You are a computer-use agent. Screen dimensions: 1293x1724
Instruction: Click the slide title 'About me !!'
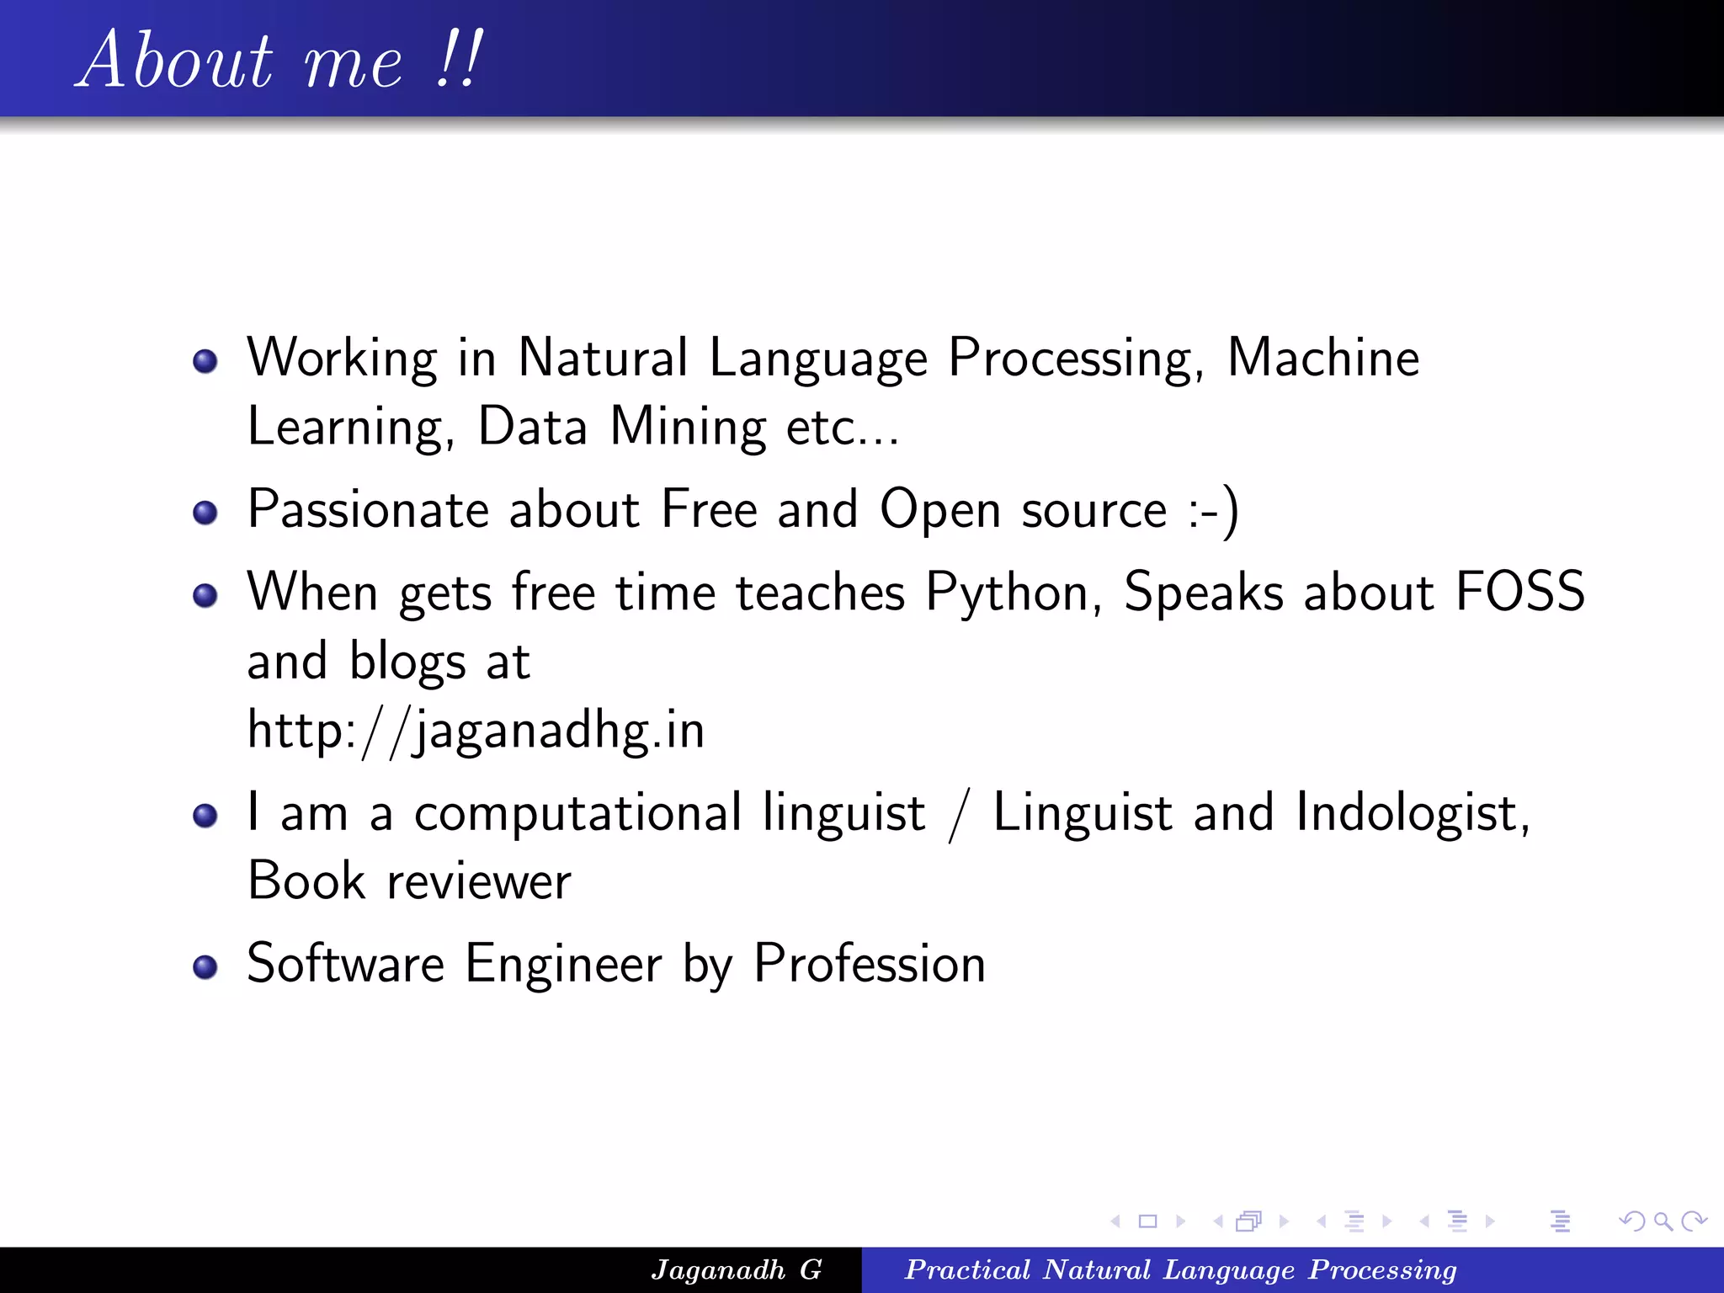[x=281, y=61]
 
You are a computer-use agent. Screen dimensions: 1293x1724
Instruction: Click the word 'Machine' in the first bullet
[x=1322, y=358]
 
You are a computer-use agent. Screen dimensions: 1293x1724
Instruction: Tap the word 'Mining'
[x=688, y=427]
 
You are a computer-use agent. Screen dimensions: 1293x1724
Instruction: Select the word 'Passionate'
[x=368, y=510]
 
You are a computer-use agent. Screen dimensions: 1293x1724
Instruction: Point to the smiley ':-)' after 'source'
[x=1213, y=510]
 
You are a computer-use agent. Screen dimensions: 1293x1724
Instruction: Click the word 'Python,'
[x=1014, y=593]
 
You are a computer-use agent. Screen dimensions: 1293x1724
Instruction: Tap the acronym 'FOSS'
[x=1520, y=592]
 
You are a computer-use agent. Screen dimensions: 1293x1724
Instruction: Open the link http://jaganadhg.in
[x=476, y=731]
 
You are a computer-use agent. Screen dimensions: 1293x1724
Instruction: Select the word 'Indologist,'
[x=1413, y=814]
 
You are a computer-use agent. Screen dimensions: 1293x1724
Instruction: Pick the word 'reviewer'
[x=478, y=882]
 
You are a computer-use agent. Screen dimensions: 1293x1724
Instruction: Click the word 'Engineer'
[x=563, y=964]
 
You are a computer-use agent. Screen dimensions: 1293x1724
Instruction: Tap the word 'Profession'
[x=869, y=964]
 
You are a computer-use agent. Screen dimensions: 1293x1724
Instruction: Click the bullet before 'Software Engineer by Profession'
[x=205, y=967]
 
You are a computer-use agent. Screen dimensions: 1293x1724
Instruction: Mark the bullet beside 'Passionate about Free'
[x=205, y=513]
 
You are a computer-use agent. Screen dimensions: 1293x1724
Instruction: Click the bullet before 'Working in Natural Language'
[x=205, y=362]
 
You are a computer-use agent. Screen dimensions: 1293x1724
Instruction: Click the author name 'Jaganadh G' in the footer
[x=736, y=1269]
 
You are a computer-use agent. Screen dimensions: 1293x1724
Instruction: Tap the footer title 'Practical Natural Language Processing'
[x=1180, y=1269]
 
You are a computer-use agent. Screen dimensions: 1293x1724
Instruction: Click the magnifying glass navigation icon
[x=1663, y=1221]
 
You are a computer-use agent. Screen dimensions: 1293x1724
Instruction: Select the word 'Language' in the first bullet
[x=817, y=359]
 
